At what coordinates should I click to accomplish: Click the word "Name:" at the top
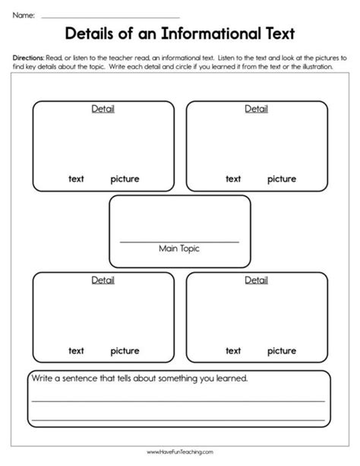point(23,14)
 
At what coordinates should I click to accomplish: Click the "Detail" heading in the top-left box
point(103,109)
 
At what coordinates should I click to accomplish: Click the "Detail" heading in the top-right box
point(256,109)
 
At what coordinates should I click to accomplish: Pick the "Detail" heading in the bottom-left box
point(103,281)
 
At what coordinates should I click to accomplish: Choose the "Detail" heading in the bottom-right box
point(256,281)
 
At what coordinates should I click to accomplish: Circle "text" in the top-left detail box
point(76,179)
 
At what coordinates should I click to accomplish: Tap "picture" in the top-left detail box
point(125,179)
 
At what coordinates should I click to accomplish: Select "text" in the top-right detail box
point(233,179)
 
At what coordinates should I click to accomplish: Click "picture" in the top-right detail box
point(281,179)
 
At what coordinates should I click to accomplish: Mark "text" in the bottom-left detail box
point(76,351)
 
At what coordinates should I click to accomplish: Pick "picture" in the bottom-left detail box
point(125,351)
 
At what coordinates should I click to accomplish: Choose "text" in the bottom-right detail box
point(233,351)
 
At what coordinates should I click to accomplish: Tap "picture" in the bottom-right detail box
point(281,351)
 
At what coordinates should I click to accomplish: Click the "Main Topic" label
point(179,249)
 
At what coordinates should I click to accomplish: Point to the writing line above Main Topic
point(179,241)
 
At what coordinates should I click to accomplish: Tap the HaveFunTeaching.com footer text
point(180,452)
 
